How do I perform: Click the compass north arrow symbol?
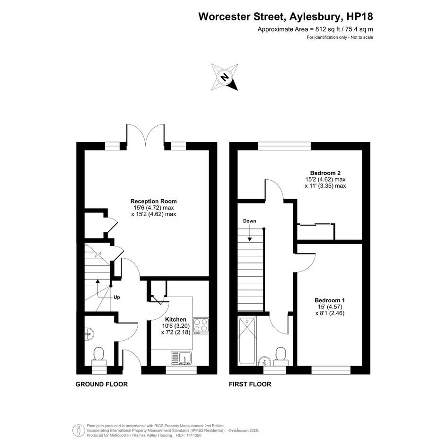click(x=225, y=77)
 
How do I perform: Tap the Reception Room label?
click(x=154, y=201)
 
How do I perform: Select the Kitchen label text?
click(x=176, y=320)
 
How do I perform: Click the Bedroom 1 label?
click(x=330, y=300)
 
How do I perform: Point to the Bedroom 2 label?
click(x=325, y=173)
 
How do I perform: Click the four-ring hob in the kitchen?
click(x=201, y=326)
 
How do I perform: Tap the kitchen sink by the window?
click(x=182, y=358)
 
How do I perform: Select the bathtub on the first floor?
click(x=247, y=341)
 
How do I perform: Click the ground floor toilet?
click(x=99, y=356)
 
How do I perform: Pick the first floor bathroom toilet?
click(x=281, y=356)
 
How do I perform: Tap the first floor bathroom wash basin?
click(x=265, y=361)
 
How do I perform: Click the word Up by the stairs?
click(x=117, y=298)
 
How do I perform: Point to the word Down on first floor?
click(x=249, y=221)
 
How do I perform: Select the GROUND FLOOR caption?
click(x=102, y=384)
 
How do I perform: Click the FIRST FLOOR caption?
click(x=250, y=384)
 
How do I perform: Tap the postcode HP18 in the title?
click(x=360, y=17)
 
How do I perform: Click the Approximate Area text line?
click(x=316, y=29)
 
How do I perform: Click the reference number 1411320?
click(x=193, y=436)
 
